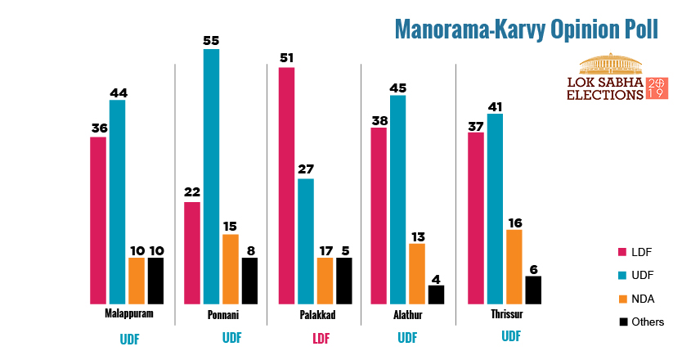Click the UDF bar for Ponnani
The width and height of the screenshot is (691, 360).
tap(211, 176)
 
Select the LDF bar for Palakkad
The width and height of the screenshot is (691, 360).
tap(286, 185)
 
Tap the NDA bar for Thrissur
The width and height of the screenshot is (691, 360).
tap(514, 267)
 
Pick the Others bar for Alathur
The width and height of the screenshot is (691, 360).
tap(436, 295)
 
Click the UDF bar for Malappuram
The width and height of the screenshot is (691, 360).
tap(118, 201)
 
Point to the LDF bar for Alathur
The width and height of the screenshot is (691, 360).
tap(379, 215)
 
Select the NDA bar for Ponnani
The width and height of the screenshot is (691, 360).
tap(231, 269)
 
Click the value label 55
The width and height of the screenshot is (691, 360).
tap(211, 38)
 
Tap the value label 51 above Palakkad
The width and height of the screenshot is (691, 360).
tap(286, 57)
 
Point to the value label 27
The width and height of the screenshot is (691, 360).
tap(305, 169)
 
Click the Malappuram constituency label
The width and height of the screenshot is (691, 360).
tap(127, 314)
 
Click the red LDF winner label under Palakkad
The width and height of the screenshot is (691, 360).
tap(320, 337)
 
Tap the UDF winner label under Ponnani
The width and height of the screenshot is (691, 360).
tap(231, 337)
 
